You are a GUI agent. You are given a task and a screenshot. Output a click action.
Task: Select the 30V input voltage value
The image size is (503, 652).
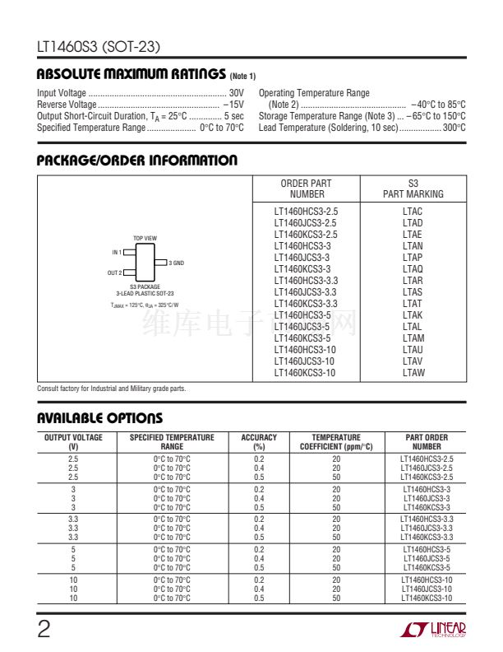(237, 93)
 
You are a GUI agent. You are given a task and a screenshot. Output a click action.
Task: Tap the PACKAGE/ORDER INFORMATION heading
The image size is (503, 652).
(137, 161)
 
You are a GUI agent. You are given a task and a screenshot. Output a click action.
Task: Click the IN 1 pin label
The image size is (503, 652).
(117, 252)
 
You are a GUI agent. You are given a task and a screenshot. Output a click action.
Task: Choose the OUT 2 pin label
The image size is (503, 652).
(114, 272)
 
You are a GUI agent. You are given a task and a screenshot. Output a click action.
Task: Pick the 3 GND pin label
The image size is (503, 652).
(176, 263)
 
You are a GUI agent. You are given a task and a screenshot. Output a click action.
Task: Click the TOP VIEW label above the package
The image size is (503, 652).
(145, 239)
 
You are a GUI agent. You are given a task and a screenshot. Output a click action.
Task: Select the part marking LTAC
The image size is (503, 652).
(413, 212)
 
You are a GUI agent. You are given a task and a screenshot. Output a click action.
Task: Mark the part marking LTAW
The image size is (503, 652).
(413, 373)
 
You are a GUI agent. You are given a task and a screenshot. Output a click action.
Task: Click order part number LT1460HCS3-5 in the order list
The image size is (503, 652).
(302, 315)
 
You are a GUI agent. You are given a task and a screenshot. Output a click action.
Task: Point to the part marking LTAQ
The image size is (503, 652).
(413, 269)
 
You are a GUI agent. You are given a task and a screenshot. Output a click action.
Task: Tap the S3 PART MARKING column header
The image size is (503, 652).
(413, 189)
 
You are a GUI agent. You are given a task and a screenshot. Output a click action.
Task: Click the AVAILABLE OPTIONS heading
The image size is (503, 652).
(99, 418)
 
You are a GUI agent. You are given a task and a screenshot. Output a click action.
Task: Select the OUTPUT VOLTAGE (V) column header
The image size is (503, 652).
(73, 442)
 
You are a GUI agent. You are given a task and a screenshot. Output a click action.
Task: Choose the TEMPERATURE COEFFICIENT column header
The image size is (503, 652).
(336, 442)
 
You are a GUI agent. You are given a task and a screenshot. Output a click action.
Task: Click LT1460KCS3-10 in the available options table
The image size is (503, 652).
(427, 598)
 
